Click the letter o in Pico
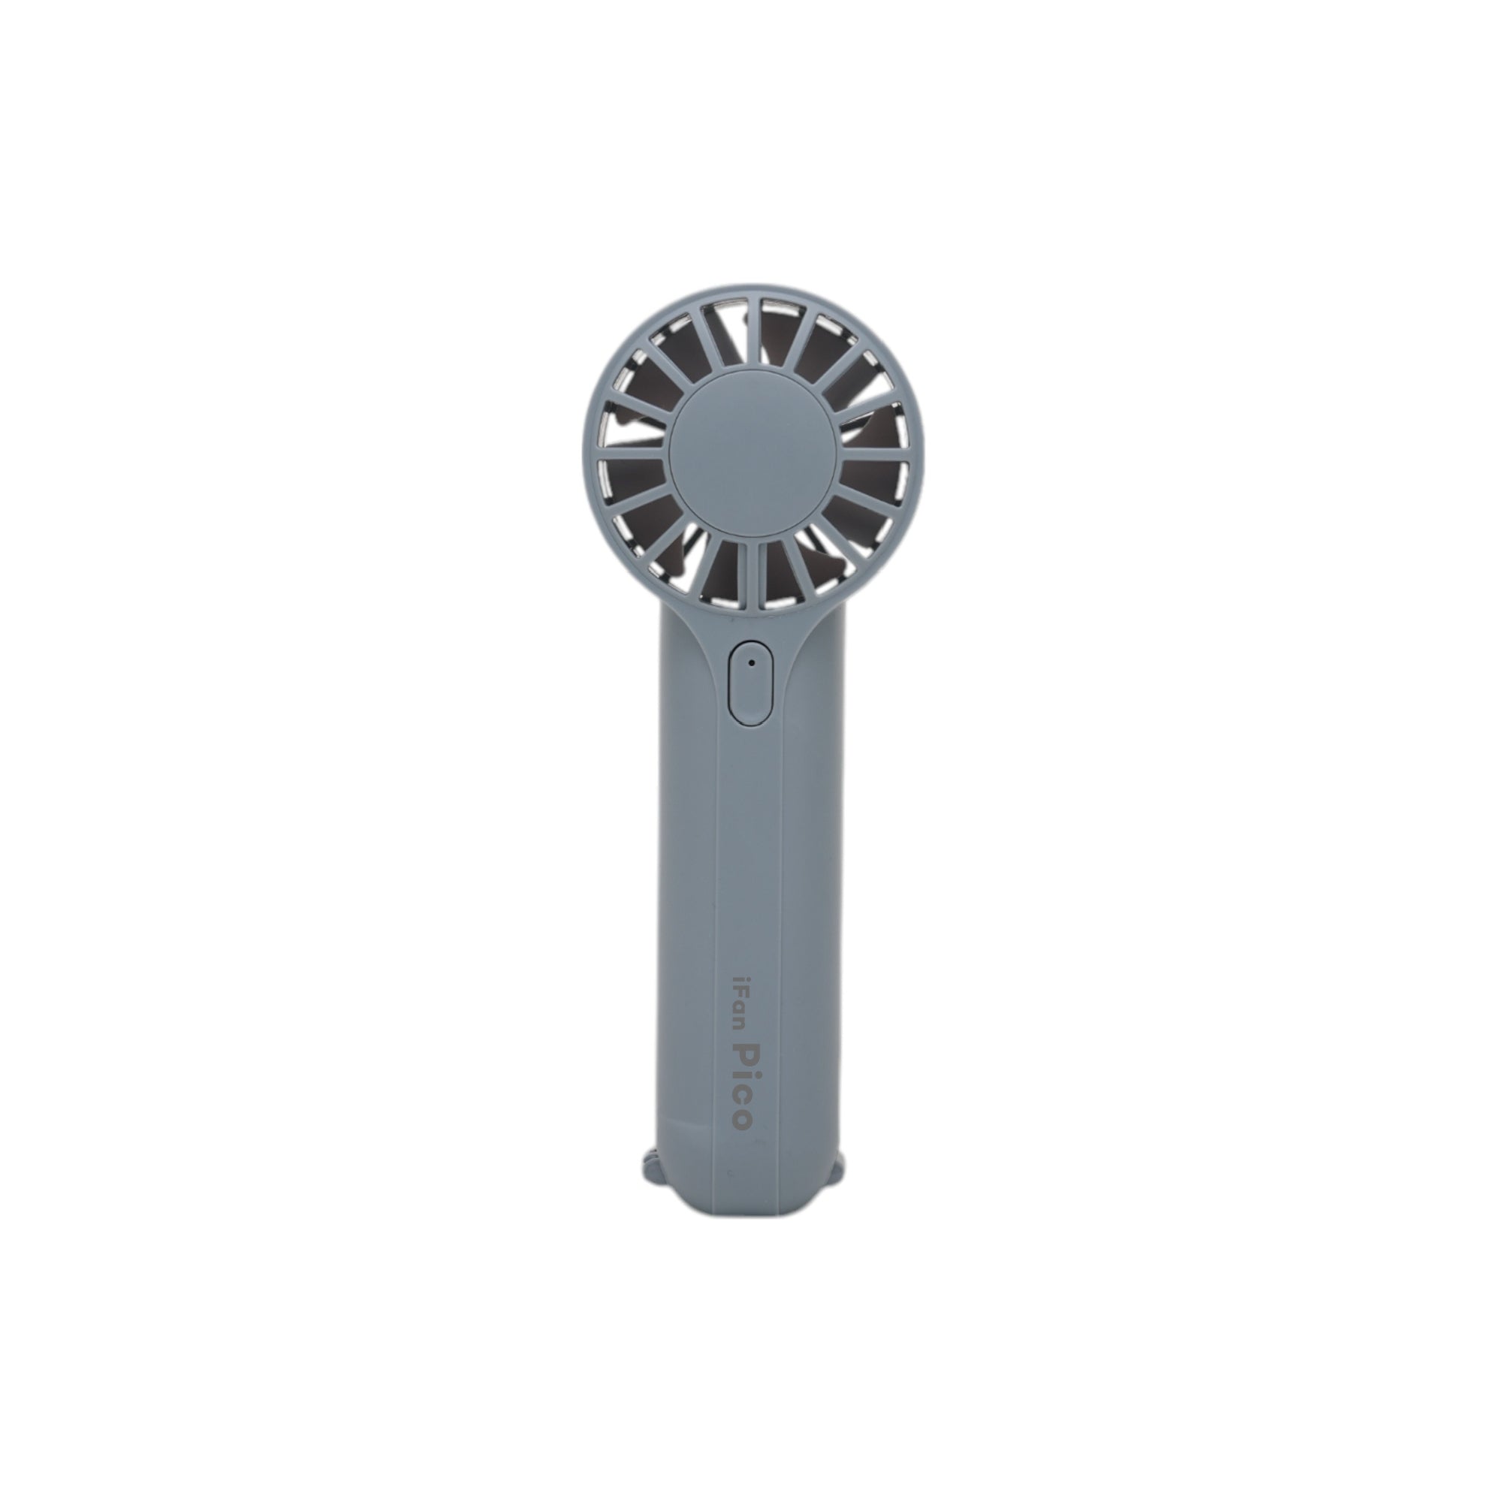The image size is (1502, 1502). [x=743, y=1120]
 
